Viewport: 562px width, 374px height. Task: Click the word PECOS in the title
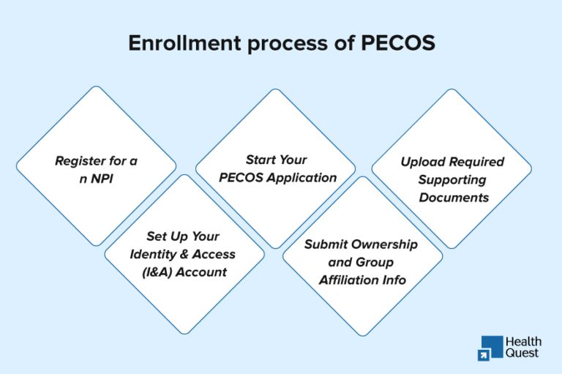(x=398, y=43)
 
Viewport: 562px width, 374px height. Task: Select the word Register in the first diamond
(x=80, y=160)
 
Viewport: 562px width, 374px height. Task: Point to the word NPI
(x=103, y=179)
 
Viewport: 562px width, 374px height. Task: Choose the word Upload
(x=422, y=162)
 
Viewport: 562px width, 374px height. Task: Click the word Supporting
(x=453, y=179)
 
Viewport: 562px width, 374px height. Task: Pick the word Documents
(x=453, y=198)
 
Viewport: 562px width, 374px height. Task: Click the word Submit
(x=327, y=244)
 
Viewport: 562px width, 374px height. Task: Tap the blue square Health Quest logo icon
(x=491, y=348)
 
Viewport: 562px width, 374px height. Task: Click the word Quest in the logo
(x=522, y=353)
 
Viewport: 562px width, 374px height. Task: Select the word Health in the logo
(x=524, y=341)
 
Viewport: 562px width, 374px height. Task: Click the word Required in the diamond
(x=477, y=162)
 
